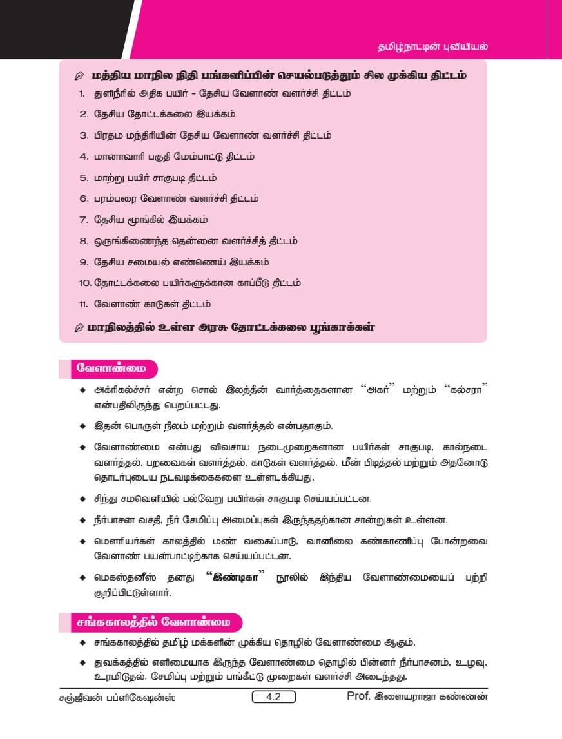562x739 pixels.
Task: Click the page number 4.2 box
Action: click(x=273, y=696)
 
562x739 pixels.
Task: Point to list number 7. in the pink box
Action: click(x=83, y=220)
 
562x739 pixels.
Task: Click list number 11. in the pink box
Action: click(x=82, y=304)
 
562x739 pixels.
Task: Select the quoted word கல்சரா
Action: click(x=464, y=390)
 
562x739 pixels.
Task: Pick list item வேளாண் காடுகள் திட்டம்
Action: click(x=152, y=304)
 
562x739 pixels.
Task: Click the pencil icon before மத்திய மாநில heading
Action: click(x=79, y=76)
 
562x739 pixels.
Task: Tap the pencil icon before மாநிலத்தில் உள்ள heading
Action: click(x=79, y=327)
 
